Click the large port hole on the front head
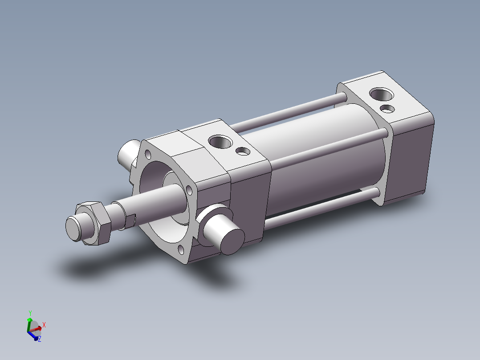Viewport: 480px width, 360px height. coord(220,143)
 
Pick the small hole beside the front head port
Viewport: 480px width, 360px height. coord(243,151)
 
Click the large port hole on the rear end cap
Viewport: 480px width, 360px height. coord(382,95)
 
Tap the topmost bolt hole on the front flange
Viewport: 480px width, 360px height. coord(148,155)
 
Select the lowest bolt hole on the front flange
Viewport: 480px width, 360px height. coord(181,249)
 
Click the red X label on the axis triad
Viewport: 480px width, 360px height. coord(44,325)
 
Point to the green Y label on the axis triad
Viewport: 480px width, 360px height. coord(30,313)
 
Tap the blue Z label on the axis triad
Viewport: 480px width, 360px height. coord(39,339)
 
